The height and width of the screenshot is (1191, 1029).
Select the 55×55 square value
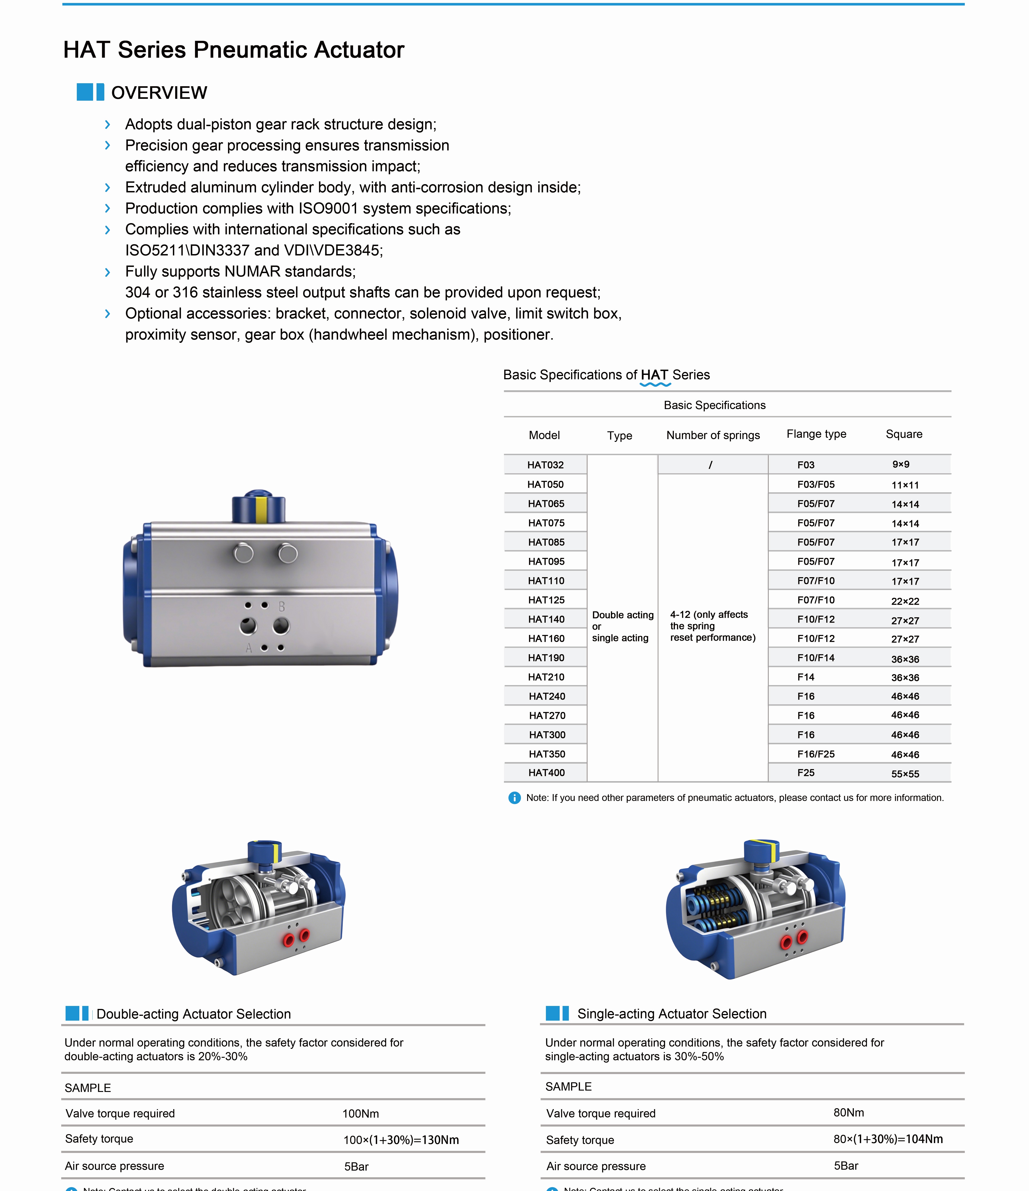pos(905,774)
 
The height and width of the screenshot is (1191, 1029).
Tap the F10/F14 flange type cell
pos(816,658)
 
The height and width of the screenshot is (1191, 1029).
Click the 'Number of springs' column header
pos(713,435)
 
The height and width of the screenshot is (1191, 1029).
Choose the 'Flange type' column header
pos(816,434)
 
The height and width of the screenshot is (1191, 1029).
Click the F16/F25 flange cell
pos(816,753)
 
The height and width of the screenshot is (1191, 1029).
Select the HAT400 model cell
pos(546,773)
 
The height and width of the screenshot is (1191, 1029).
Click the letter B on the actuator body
pos(282,607)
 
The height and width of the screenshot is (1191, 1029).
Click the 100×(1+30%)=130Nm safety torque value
pos(401,1140)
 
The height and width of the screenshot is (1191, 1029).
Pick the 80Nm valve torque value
pos(849,1112)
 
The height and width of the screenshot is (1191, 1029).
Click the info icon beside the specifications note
pos(514,798)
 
